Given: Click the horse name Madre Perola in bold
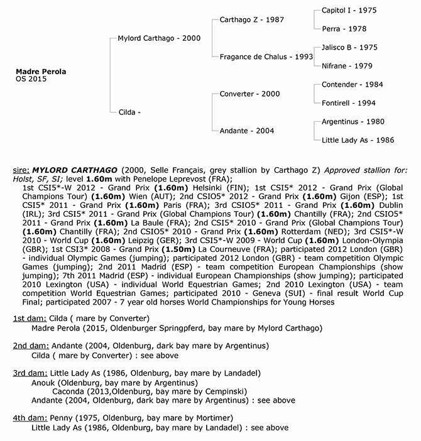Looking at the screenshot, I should (41, 72).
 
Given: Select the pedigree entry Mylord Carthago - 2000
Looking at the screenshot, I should (159, 38).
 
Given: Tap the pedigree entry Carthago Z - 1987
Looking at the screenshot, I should (252, 19).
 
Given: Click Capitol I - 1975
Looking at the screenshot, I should (349, 11).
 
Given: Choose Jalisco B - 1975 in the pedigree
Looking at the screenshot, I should (349, 47).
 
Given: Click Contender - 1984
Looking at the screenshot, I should (352, 85).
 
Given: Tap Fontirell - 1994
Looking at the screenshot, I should (349, 103).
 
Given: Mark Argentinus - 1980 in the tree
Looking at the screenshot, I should (353, 122).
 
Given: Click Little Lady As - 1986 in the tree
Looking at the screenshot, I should (358, 140).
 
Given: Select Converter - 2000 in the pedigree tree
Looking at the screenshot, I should (250, 94).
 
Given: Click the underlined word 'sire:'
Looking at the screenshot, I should (21, 170).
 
